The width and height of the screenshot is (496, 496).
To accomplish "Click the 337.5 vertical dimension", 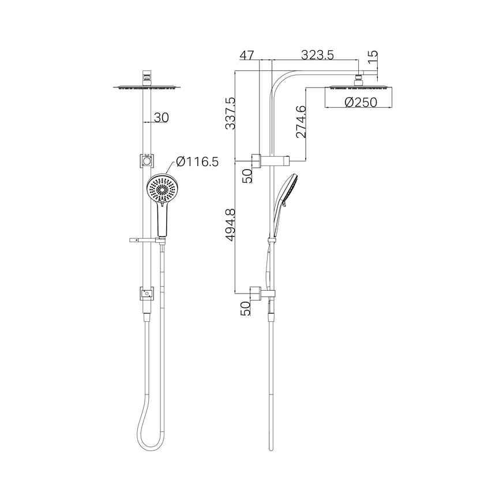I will tap(231, 114).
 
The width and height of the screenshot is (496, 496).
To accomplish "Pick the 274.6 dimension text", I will tap(300, 121).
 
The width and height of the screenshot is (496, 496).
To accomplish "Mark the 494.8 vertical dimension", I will tap(231, 226).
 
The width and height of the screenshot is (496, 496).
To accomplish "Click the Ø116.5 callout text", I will tap(197, 162).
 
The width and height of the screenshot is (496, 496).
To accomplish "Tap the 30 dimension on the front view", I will tap(161, 117).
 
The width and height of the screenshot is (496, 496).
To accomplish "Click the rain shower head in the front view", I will tap(146, 88).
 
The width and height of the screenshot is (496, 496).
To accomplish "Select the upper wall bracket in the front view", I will tap(146, 161).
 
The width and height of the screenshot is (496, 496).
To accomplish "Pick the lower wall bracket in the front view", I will tap(146, 294).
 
